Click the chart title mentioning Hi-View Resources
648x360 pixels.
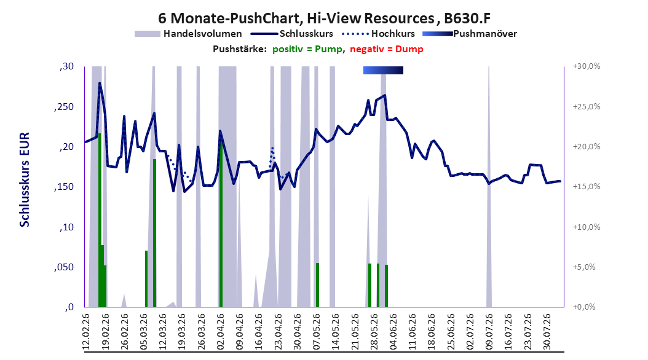(324, 18)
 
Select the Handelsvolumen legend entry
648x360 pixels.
(188, 34)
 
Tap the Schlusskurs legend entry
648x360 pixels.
(292, 34)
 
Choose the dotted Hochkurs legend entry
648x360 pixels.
(379, 34)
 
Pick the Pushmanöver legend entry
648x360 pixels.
(470, 34)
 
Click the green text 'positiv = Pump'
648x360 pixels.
(307, 49)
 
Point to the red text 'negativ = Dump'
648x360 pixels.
(387, 49)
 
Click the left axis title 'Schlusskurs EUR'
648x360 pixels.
(25, 179)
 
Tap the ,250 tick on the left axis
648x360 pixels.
(64, 106)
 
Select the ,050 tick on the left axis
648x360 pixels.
(64, 267)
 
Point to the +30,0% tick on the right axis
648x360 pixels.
(587, 66)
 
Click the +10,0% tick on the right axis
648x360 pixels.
(587, 227)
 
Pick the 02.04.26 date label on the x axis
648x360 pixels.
(220, 332)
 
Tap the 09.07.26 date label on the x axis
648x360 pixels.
(489, 332)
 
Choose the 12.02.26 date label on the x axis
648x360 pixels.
(86, 332)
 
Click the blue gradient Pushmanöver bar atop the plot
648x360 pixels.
(383, 70)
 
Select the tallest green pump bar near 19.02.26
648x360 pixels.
(100, 220)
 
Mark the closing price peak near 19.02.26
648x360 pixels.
(100, 83)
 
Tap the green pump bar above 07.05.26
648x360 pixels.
(317, 285)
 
